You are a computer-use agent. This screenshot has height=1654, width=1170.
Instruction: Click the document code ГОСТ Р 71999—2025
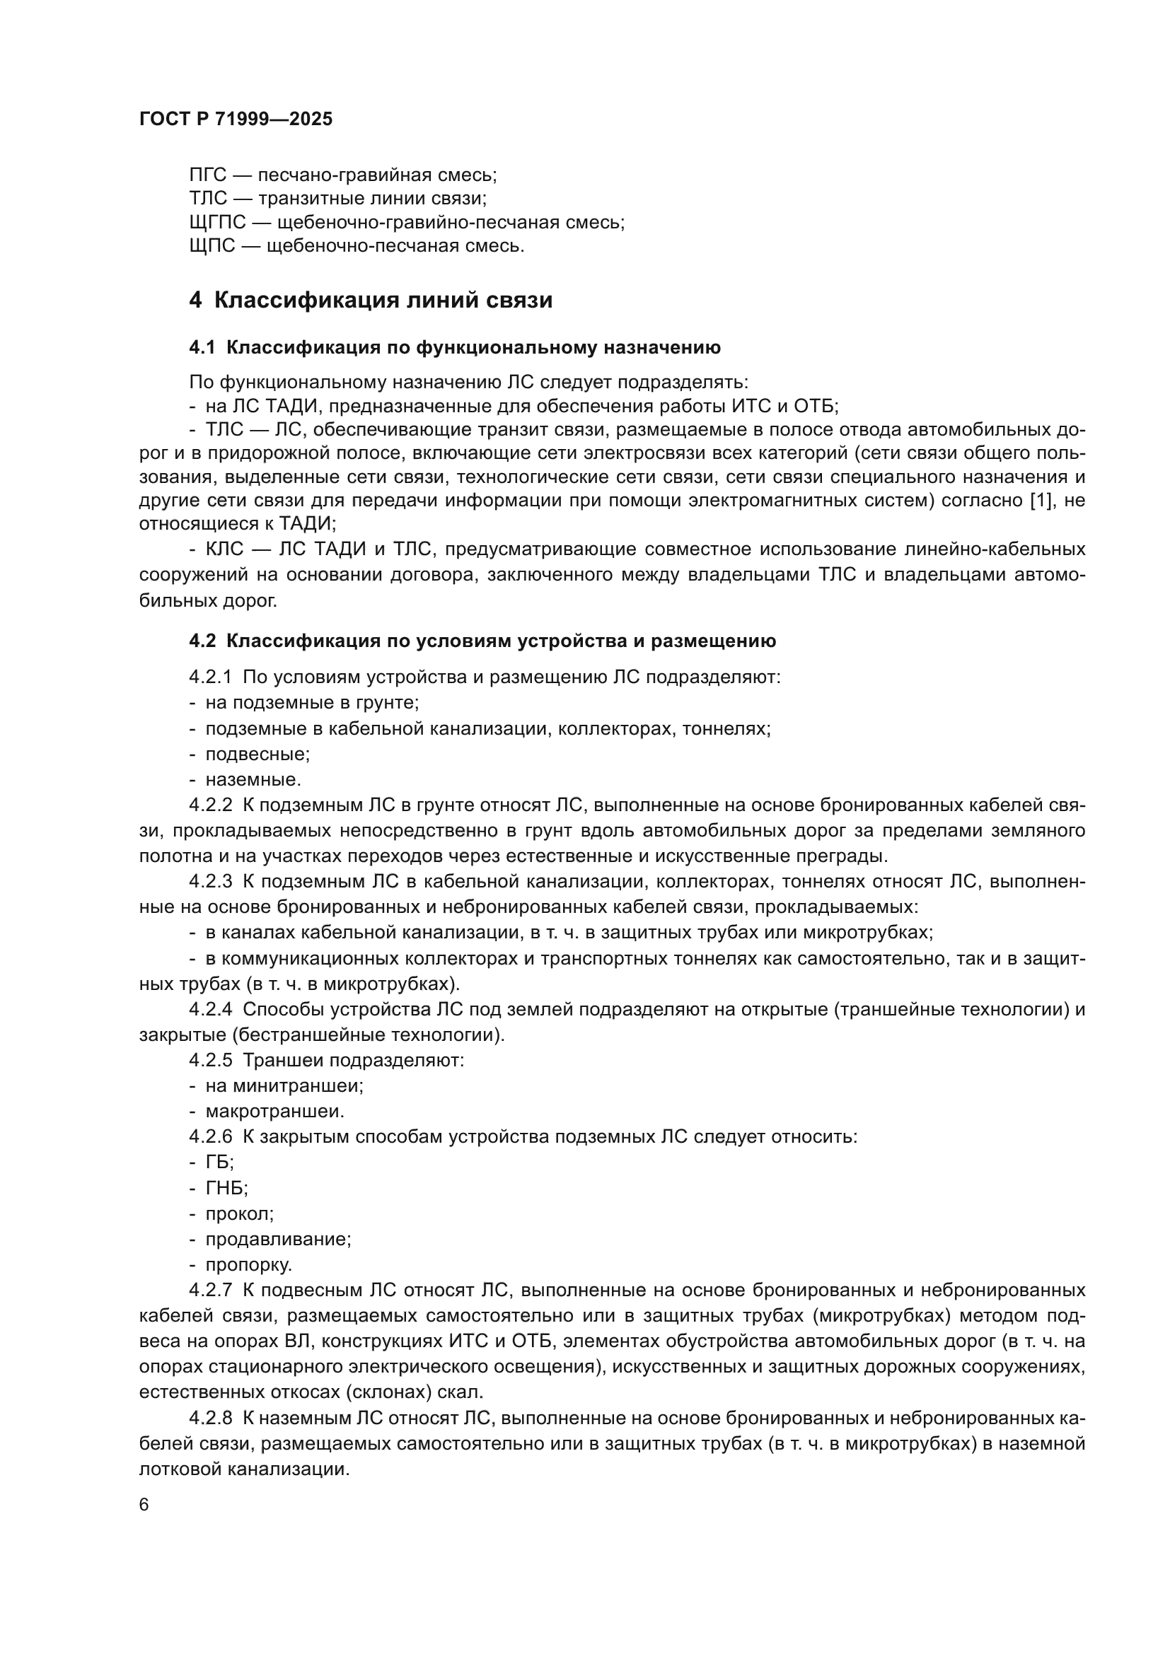click(236, 120)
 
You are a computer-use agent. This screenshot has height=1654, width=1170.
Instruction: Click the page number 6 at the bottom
click(144, 1506)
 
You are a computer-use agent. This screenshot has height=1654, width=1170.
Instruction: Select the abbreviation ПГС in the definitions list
click(207, 175)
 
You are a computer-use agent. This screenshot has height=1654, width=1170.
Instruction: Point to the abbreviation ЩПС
click(212, 246)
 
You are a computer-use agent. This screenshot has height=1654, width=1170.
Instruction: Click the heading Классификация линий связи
click(383, 301)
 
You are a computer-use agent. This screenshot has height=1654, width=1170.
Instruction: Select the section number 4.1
click(202, 348)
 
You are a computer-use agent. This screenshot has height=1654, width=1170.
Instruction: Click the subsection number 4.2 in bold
click(202, 641)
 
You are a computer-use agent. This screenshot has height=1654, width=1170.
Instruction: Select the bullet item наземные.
click(253, 779)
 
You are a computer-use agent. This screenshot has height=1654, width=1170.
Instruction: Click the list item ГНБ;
click(226, 1188)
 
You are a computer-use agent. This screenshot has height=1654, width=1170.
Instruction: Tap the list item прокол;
click(239, 1214)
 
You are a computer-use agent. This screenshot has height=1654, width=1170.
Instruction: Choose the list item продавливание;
click(278, 1239)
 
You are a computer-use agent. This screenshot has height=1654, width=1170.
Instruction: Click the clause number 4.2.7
click(210, 1291)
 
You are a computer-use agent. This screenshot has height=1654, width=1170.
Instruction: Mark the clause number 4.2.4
click(210, 1009)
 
